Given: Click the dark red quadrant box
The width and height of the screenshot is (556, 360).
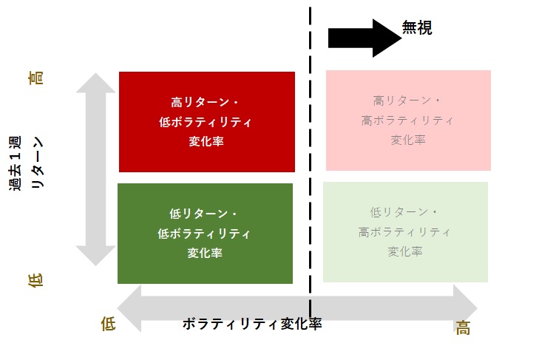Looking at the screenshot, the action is (207, 122).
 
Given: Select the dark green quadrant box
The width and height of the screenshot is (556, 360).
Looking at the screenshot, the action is (205, 234).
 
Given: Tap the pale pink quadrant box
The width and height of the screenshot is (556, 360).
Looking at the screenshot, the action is (408, 120).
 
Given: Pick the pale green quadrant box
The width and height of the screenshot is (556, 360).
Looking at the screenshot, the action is (405, 232).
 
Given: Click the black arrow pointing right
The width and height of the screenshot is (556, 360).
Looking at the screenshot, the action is (365, 38).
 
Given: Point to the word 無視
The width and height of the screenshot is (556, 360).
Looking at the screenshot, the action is (417, 27).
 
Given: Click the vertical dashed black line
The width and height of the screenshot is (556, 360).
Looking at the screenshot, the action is (311, 161).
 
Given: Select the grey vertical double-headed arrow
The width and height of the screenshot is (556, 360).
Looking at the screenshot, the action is (95, 169).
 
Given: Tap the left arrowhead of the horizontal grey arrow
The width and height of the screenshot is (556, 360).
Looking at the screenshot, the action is (129, 308).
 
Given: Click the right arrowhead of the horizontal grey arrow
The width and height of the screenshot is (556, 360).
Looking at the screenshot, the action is (465, 308).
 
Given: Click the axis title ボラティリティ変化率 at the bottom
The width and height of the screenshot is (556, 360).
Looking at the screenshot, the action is (252, 324).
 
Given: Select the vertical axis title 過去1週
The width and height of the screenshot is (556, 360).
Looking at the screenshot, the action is (16, 163).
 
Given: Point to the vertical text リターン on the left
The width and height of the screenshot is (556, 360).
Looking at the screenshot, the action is (36, 163).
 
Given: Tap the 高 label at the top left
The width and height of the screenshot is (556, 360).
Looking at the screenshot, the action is (35, 78).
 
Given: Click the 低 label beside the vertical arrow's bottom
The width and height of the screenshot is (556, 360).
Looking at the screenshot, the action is (35, 280).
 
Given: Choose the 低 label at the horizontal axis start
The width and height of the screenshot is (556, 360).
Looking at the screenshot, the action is (108, 324).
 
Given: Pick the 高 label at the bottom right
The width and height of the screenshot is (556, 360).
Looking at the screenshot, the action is (463, 327).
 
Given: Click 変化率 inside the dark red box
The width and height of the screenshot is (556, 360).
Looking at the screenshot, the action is (206, 141).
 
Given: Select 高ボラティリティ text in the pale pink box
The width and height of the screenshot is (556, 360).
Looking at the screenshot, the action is (407, 120).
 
